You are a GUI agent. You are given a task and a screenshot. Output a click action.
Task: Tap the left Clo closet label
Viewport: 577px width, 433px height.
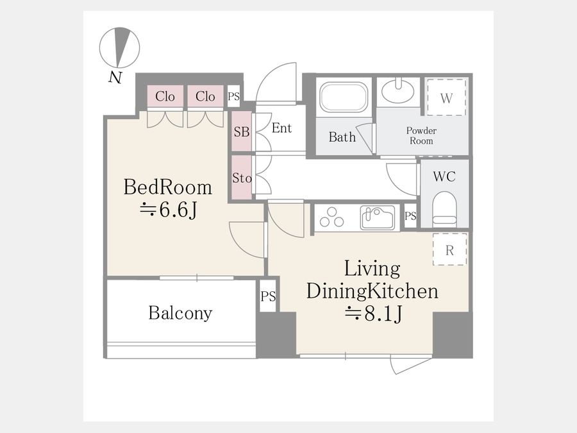click(165, 96)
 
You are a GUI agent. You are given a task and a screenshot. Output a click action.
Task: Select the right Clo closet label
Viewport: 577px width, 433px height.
click(205, 96)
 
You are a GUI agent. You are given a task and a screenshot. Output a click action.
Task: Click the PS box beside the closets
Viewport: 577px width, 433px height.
click(233, 96)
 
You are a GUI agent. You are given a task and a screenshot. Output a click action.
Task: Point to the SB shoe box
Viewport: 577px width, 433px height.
click(242, 132)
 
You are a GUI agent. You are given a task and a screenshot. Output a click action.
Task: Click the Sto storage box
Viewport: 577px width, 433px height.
click(242, 178)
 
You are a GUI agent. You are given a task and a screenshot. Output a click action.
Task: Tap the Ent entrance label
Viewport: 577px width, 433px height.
click(281, 128)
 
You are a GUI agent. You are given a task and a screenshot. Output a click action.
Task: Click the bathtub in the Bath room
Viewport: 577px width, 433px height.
click(344, 96)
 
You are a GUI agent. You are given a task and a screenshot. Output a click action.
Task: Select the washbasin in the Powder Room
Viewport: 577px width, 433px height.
click(397, 90)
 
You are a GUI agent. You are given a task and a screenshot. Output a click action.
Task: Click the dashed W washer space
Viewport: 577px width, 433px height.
click(446, 97)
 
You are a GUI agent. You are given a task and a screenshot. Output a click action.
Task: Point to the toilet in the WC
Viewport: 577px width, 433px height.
click(444, 208)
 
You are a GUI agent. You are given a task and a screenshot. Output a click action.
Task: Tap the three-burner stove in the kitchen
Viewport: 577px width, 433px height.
click(331, 217)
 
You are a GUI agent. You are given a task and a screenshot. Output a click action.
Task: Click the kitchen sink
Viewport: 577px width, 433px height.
click(378, 217)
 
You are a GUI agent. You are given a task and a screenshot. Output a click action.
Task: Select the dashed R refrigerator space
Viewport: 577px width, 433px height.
click(449, 250)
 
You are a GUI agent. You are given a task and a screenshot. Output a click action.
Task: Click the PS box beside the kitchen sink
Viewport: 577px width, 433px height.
click(410, 216)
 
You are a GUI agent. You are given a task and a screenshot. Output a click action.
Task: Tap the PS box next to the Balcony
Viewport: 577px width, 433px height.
click(268, 296)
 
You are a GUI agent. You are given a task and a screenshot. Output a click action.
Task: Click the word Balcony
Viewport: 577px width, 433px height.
click(180, 313)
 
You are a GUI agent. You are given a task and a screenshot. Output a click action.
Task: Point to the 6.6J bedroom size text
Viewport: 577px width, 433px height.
click(169, 210)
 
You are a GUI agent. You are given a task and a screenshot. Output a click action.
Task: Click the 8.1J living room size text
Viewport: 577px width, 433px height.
click(373, 314)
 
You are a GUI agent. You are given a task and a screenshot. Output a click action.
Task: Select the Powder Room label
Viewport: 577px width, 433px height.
click(421, 135)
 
